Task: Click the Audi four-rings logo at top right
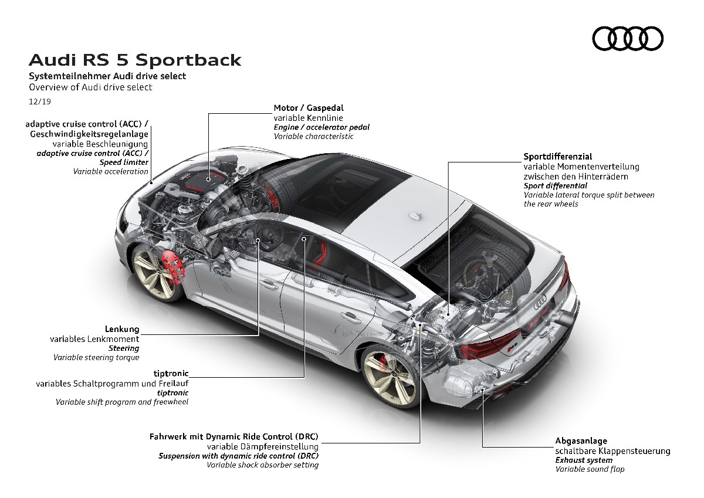point(628,39)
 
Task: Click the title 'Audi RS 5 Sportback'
point(135,60)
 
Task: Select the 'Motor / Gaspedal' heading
point(309,108)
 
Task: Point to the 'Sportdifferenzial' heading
point(557,157)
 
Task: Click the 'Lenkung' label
point(122,329)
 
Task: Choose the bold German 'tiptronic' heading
point(170,373)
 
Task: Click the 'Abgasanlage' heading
point(581,441)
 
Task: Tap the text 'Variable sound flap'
point(590,469)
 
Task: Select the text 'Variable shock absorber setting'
point(262,465)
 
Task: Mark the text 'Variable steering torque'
point(96,357)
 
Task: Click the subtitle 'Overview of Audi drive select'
point(91,87)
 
